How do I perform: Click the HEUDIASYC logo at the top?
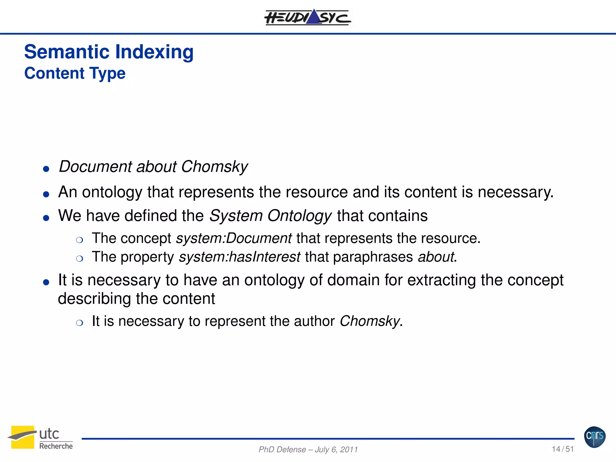pos(307,17)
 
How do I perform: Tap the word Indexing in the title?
pos(154,52)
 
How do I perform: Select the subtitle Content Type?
pos(75,73)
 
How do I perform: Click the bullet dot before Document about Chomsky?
pos(46,169)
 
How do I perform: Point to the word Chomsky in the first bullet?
pos(214,167)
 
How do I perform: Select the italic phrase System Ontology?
pos(270,216)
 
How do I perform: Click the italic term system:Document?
pos(234,238)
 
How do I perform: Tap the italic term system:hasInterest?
pos(239,257)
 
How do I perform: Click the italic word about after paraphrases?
pos(436,257)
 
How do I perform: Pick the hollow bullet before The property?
pos(79,259)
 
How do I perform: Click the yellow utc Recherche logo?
pos(40,437)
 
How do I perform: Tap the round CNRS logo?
pos(595,437)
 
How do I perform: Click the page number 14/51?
pos(562,449)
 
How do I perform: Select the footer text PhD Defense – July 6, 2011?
pos(308,449)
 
